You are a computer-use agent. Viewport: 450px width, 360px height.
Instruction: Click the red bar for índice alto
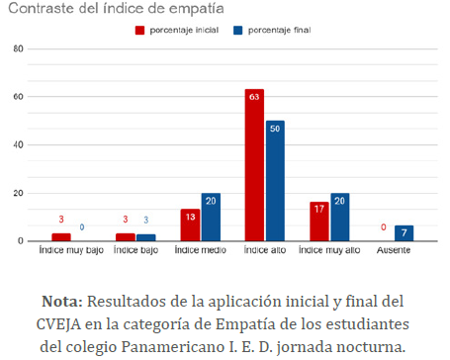pos(254,165)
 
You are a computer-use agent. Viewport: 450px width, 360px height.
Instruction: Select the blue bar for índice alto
pos(275,181)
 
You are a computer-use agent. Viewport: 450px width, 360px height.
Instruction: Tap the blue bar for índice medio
pos(211,217)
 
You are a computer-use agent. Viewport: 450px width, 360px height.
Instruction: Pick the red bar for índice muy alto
pos(319,222)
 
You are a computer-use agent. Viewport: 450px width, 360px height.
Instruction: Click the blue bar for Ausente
pos(404,233)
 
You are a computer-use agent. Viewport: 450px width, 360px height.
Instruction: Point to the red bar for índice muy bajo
pos(61,237)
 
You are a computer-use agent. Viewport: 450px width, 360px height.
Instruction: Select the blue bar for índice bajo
pos(146,237)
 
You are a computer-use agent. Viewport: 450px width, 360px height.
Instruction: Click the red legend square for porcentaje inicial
pos(139,31)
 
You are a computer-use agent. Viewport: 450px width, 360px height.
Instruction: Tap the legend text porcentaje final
pos(279,31)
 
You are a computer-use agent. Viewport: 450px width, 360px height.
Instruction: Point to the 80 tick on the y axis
pos(19,48)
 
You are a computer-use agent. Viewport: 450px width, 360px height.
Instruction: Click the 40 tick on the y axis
pos(19,144)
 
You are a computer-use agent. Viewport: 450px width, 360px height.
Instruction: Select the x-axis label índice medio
pos(201,250)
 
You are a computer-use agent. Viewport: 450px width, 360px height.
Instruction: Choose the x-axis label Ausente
pos(394,250)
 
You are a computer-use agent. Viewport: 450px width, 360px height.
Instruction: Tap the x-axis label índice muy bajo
pos(71,250)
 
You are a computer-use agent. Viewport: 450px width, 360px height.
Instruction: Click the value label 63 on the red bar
pos(254,97)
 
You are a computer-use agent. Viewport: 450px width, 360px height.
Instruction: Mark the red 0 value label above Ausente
pos(384,227)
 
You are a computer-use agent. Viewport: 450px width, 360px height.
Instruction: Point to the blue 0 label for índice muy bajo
pos(82,227)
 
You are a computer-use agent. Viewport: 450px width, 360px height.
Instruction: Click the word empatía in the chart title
pos(197,9)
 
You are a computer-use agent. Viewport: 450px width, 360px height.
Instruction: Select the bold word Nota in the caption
pos(62,302)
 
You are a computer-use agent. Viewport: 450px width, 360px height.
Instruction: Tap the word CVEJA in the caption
pos(58,324)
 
